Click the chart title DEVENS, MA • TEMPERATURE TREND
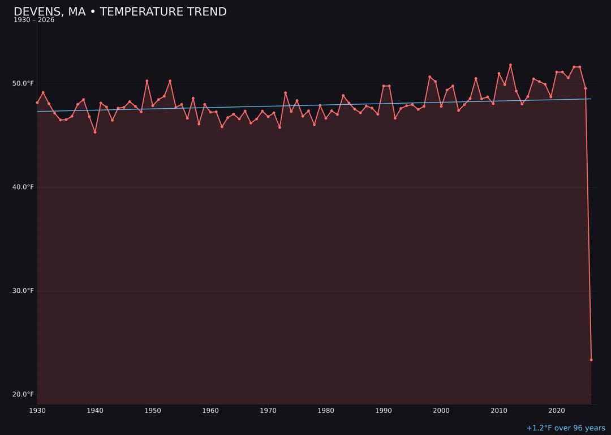pyautogui.click(x=120, y=12)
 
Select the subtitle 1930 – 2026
pyautogui.click(x=34, y=20)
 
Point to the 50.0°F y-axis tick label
pyautogui.click(x=23, y=84)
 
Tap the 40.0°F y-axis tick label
pyautogui.click(x=23, y=187)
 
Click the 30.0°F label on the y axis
pyautogui.click(x=23, y=291)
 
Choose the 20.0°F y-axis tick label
pyautogui.click(x=23, y=395)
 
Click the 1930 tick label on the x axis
pyautogui.click(x=37, y=411)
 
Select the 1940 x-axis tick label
pyautogui.click(x=95, y=411)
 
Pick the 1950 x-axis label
pyautogui.click(x=153, y=411)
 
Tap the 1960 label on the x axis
pyautogui.click(x=210, y=411)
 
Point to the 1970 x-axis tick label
pyautogui.click(x=268, y=411)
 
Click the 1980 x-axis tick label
pyautogui.click(x=326, y=411)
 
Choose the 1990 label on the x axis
pyautogui.click(x=384, y=411)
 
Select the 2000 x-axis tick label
pyautogui.click(x=441, y=411)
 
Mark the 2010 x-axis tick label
pyautogui.click(x=499, y=411)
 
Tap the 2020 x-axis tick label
pyautogui.click(x=557, y=411)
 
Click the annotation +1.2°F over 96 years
pyautogui.click(x=565, y=428)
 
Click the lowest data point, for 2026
pyautogui.click(x=591, y=360)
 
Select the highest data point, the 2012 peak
pyautogui.click(x=510, y=65)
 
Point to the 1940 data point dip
pyautogui.click(x=95, y=132)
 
